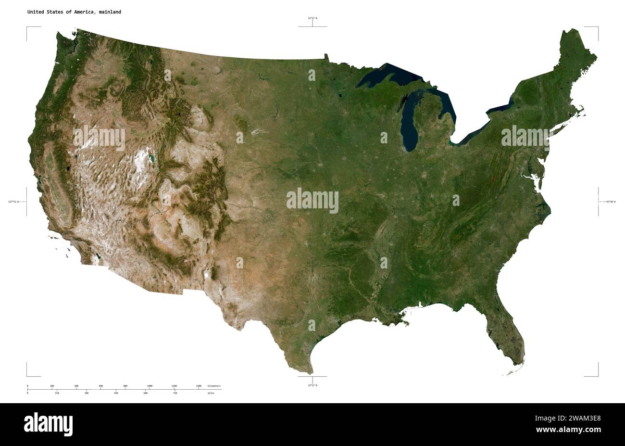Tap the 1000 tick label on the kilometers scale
click(x=150, y=386)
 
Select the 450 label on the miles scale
click(x=116, y=393)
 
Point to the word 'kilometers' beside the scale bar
click(x=214, y=386)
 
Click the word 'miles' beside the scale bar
click(x=211, y=393)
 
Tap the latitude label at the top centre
click(x=312, y=18)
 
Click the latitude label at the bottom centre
click(x=312, y=385)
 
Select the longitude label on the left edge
click(x=13, y=202)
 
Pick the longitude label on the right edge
click(x=611, y=202)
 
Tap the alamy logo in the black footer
click(x=48, y=424)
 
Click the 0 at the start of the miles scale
click(x=27, y=393)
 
